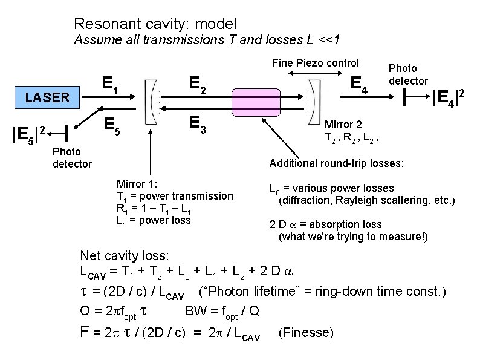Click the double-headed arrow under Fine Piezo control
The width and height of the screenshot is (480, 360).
point(315,73)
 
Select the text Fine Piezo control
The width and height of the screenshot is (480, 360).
point(315,62)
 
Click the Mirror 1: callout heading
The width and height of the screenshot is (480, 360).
point(137,183)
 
